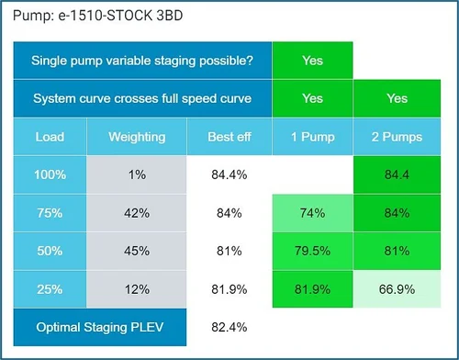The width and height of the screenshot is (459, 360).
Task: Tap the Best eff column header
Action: coord(229,137)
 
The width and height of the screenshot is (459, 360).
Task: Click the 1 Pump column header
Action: coord(312,137)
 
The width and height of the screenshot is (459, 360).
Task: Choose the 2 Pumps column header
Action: coord(397,137)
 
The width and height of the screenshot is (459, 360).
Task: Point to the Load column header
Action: coord(50,137)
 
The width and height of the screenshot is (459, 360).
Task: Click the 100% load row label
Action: coord(50,174)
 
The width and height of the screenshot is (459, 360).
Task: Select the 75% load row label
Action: coord(50,213)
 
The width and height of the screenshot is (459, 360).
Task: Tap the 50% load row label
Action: coord(50,251)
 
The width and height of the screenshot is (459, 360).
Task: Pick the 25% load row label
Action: coord(50,288)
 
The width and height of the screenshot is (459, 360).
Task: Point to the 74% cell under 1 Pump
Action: coord(312,213)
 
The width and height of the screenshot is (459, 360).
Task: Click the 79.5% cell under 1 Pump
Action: coord(312,251)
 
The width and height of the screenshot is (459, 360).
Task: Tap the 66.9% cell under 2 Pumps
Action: coord(397,288)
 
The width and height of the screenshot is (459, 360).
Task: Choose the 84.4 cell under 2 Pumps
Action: coord(397,174)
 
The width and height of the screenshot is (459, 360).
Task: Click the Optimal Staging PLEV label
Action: coord(99,326)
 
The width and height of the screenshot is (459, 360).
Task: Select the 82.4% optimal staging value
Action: coord(229,326)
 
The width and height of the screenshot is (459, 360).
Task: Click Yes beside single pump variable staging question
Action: coord(312,61)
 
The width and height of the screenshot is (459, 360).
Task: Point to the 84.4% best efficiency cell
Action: coord(229,174)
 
